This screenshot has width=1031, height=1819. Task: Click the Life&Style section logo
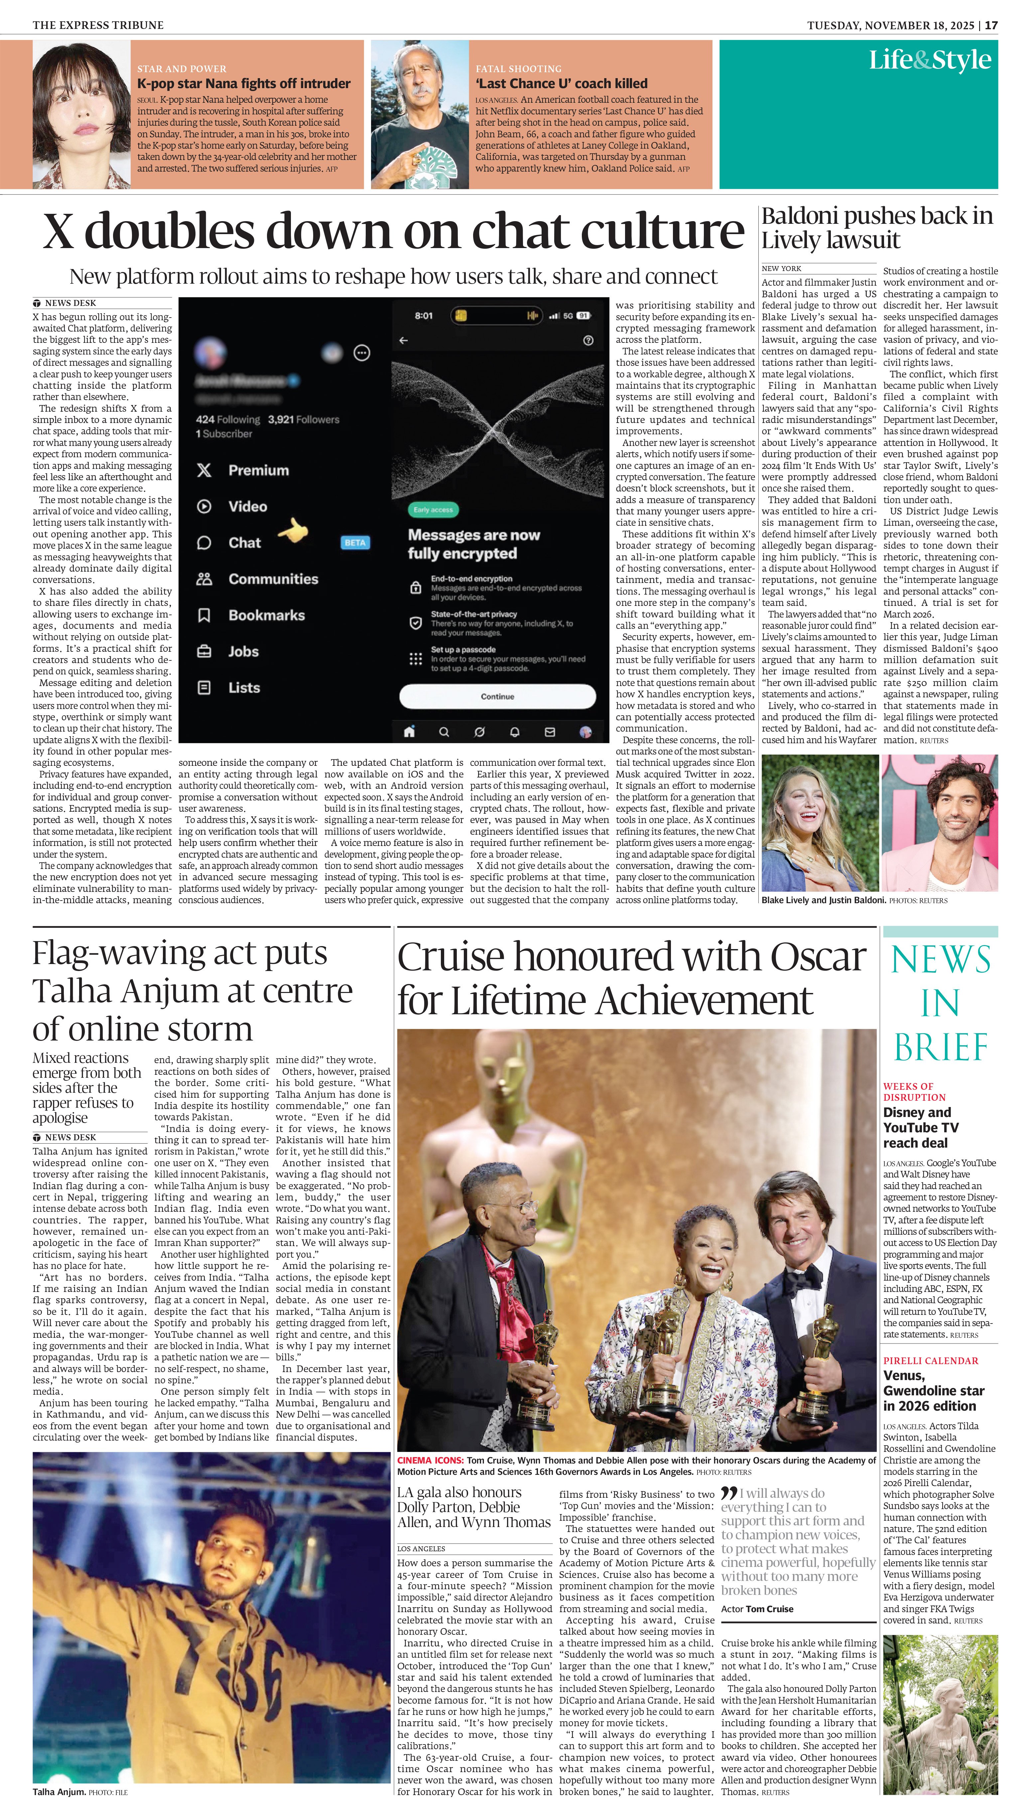click(930, 60)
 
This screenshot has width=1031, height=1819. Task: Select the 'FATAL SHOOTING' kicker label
click(518, 69)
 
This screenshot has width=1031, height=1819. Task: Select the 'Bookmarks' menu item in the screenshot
click(266, 615)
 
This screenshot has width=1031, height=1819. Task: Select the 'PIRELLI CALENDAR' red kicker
click(931, 1361)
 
